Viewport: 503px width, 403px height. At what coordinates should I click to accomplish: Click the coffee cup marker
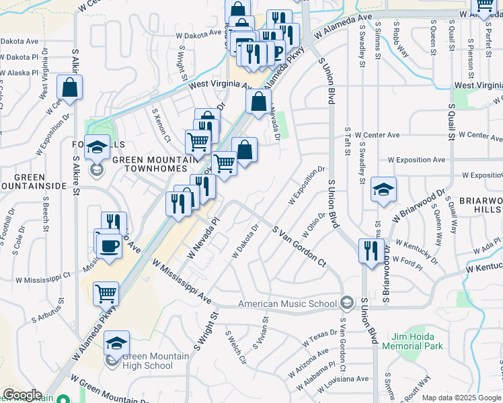tap(108, 244)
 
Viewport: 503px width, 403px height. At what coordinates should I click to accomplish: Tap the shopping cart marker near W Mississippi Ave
tap(106, 293)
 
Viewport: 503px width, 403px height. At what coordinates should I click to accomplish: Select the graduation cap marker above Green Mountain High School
tap(116, 343)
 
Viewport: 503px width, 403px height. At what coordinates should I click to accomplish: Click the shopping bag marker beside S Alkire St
tap(70, 87)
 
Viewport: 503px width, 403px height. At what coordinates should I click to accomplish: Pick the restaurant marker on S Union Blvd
tap(371, 251)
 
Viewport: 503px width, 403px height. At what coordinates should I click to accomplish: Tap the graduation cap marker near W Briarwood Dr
tap(383, 189)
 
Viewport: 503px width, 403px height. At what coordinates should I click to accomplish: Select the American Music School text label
tap(288, 304)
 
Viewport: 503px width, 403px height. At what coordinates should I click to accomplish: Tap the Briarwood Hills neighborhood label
tap(481, 205)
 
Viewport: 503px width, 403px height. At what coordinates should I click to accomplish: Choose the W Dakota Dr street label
tap(246, 242)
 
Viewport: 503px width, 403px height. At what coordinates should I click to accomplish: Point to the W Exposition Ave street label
tap(417, 160)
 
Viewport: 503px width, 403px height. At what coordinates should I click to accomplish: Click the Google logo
tap(22, 395)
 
